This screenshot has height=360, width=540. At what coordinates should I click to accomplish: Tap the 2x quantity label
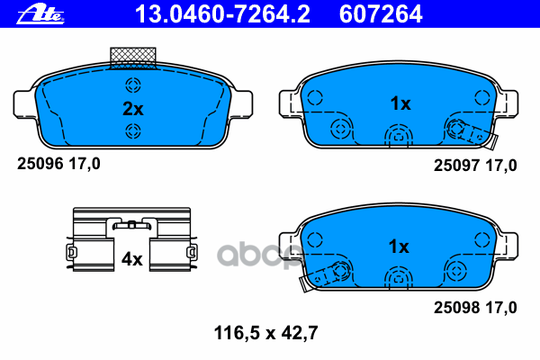click(x=132, y=110)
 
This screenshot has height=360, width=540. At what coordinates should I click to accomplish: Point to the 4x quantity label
click(x=131, y=259)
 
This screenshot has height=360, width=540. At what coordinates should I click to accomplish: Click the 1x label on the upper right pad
click(x=400, y=103)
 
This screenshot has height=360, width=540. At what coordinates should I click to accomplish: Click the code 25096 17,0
click(x=59, y=164)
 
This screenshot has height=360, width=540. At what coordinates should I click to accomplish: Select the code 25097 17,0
click(x=475, y=165)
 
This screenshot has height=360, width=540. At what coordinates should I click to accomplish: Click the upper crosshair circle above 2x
click(x=133, y=86)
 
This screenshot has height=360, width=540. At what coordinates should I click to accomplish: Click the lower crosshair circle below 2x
click(x=133, y=132)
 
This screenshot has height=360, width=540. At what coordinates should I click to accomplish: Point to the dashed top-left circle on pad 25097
click(x=314, y=99)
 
